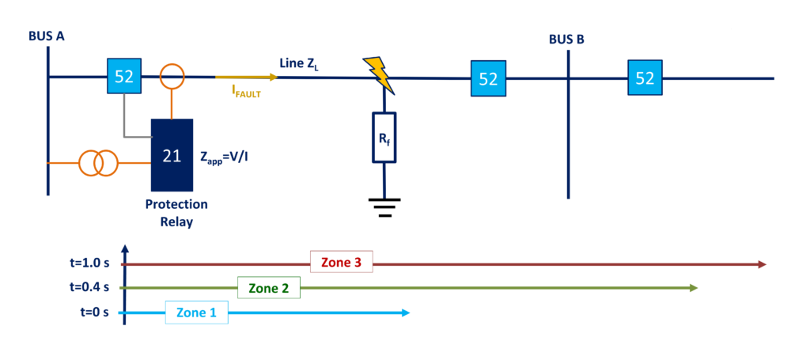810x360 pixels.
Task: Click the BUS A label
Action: coord(46,36)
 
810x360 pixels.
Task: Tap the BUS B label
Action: coord(566,40)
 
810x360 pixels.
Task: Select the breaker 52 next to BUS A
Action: coord(124,77)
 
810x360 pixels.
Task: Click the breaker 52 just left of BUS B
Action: coord(488,79)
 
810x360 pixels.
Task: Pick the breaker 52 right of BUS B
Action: coord(645,78)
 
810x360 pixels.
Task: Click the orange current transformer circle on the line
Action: coord(172,77)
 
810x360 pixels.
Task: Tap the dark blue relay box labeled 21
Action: coord(172,155)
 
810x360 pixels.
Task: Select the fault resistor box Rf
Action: coord(384,138)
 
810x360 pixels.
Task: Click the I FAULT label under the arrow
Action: coord(246,92)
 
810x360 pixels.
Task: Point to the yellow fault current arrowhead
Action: coord(273,77)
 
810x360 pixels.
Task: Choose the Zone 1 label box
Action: coord(196,313)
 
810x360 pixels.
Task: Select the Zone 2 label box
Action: coord(269,288)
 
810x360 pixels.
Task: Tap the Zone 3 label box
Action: coord(341,263)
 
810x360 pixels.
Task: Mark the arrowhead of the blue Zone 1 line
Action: coord(406,313)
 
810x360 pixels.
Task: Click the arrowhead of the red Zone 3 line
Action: coord(763,263)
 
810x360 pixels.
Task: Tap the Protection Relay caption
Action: coord(176,213)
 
